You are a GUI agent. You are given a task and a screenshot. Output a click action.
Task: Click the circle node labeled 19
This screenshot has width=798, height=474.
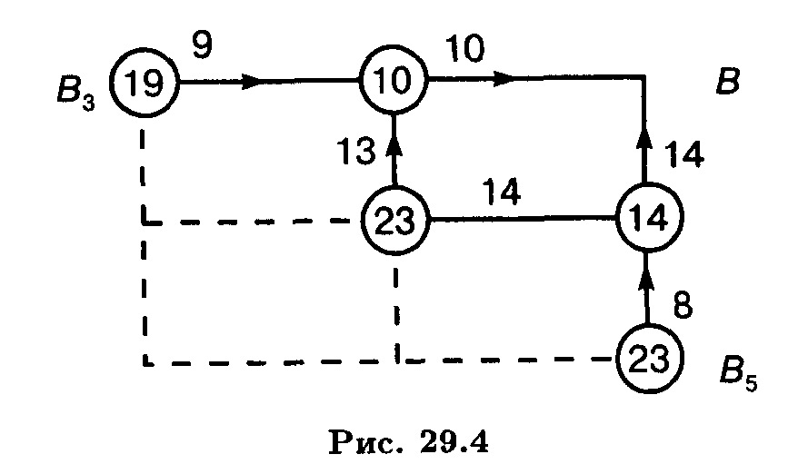(145, 83)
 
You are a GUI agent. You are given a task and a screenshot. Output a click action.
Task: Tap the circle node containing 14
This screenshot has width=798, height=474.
(648, 218)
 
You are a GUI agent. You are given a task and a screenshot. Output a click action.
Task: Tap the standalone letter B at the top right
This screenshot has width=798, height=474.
(727, 82)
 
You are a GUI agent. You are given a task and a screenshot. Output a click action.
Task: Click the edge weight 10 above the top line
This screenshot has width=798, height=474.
(466, 46)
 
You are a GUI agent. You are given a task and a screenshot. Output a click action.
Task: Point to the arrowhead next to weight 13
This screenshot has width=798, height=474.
(394, 143)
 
